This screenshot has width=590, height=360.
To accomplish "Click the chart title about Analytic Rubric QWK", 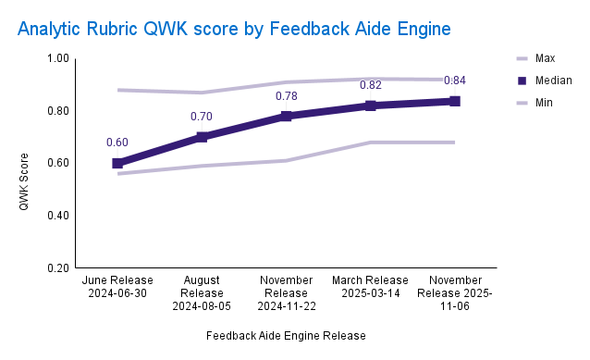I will [x=234, y=29].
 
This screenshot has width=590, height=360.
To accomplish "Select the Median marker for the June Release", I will [x=117, y=163].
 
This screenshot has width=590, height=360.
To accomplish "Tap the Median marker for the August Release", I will [x=202, y=137].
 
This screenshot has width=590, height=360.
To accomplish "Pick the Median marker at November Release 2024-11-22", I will [x=286, y=117].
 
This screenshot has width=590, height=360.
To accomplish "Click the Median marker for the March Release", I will [x=370, y=106].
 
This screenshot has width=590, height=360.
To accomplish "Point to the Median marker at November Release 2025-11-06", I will [x=454, y=101].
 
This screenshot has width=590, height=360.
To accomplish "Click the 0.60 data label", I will [x=117, y=143].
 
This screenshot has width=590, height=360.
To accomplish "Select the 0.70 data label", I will [x=202, y=117].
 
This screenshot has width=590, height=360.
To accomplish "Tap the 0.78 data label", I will [x=286, y=96].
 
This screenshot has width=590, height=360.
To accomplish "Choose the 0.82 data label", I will [x=370, y=85].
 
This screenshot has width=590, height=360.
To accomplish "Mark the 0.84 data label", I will [x=454, y=81].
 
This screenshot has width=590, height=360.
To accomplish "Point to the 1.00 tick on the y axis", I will [x=58, y=58].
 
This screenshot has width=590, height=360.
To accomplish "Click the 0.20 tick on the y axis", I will [x=58, y=268].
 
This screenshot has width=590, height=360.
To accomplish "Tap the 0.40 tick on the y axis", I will [x=58, y=216].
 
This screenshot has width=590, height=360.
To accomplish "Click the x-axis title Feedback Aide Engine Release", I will [x=286, y=335].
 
